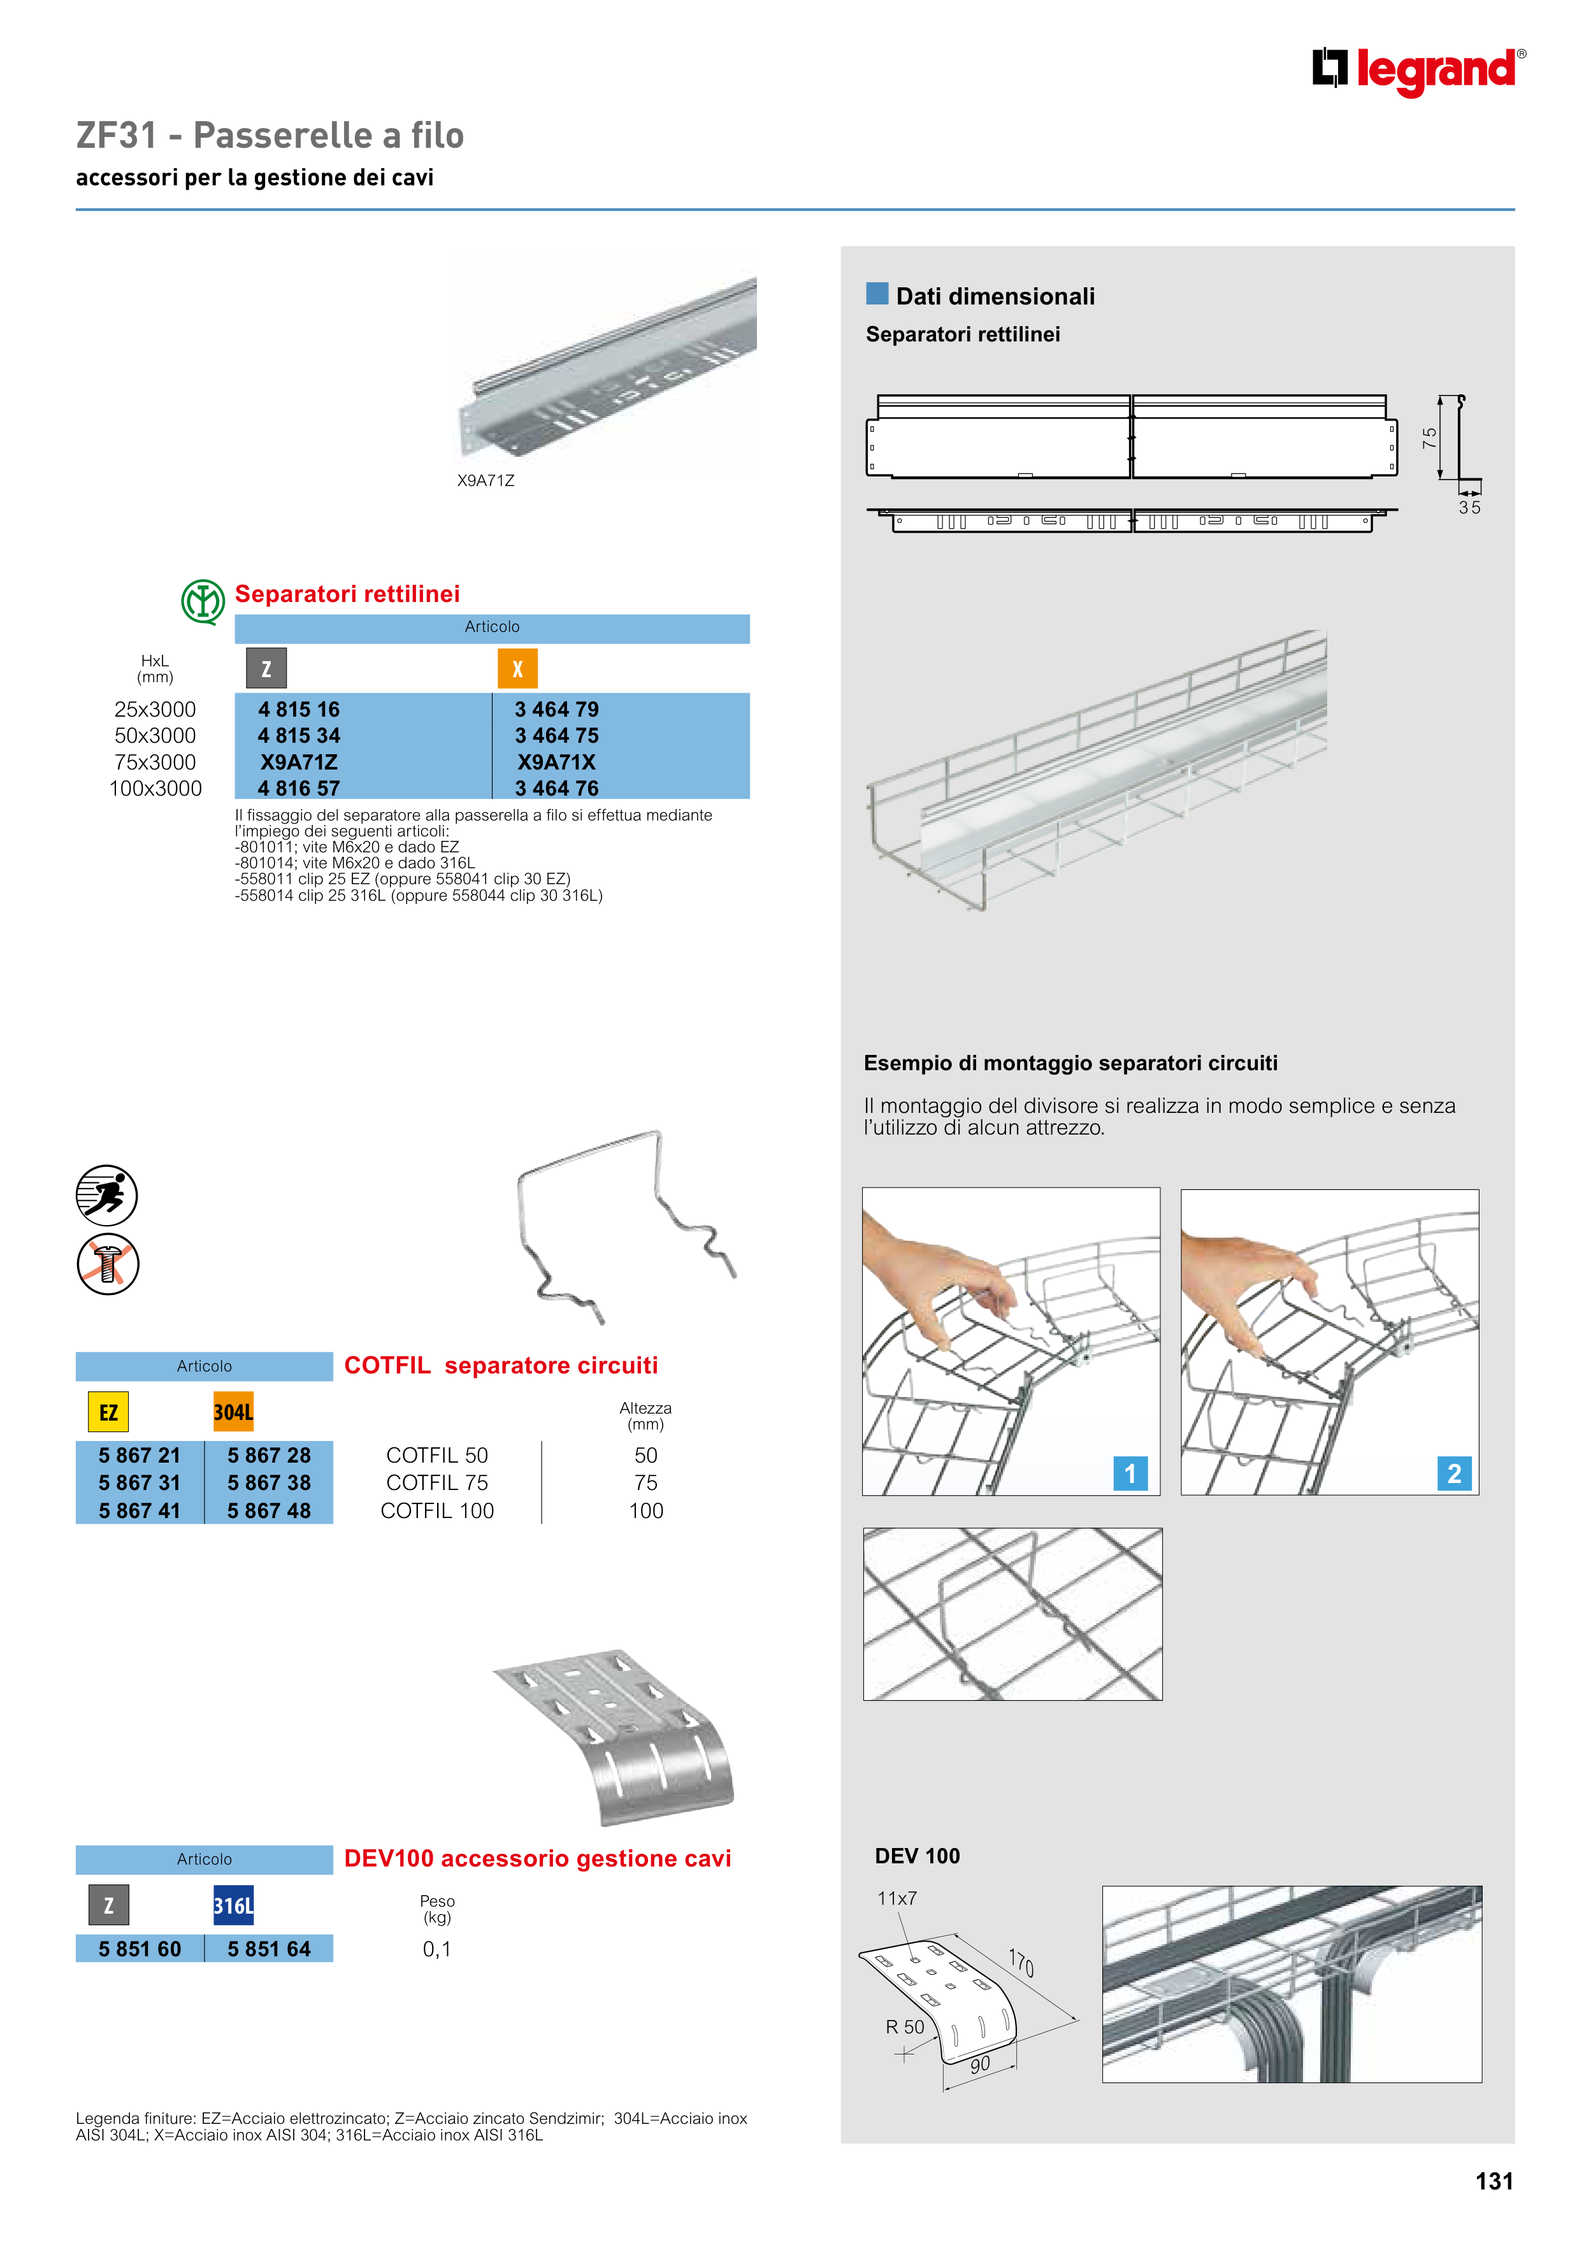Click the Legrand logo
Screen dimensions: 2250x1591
pos(1418,71)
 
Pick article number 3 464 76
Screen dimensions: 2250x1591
pos(556,788)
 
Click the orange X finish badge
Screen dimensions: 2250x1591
pos(517,670)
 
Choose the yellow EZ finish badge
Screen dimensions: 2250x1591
pos(108,1412)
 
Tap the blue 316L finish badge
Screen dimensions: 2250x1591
pos(233,1905)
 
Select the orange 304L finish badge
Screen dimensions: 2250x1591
pos(233,1412)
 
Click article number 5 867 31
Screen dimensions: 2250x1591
pos(139,1482)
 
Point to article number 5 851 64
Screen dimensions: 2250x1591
pos(269,1949)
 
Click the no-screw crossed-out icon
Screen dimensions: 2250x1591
pos(108,1264)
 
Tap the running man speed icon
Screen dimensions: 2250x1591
pos(107,1196)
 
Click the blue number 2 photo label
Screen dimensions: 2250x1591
pos(1454,1473)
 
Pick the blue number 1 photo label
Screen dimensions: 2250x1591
pos(1129,1473)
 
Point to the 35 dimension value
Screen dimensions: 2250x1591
pos(1469,508)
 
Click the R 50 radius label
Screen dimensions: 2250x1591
pos(905,2026)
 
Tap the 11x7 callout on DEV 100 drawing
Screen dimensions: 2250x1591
pos(897,1898)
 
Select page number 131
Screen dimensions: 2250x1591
pos(1494,2181)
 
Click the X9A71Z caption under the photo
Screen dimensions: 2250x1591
pos(486,480)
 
